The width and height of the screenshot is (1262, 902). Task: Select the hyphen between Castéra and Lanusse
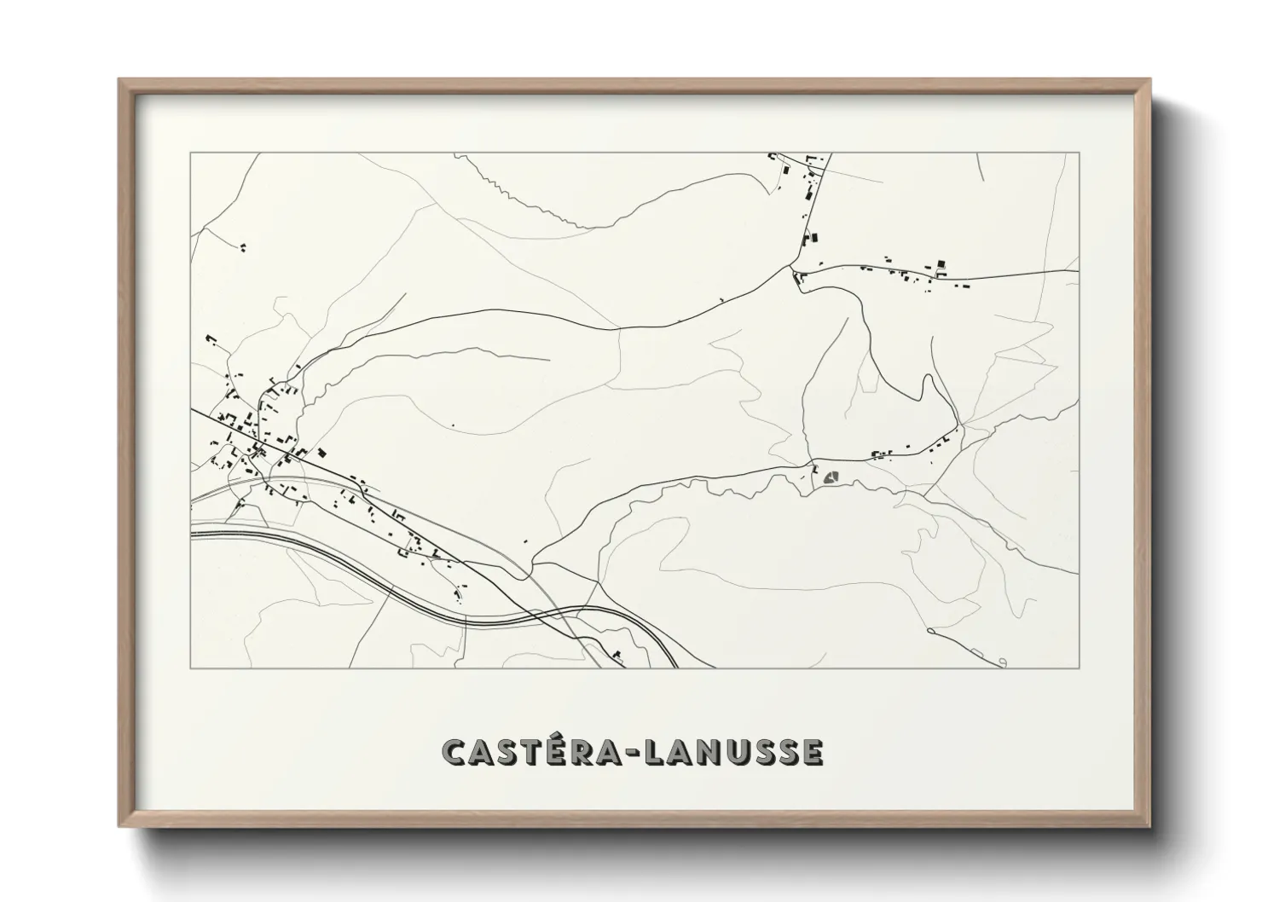[x=634, y=754]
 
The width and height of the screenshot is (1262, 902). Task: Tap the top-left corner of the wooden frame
[x=120, y=81]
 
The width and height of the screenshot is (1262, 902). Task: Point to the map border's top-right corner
[x=1080, y=153]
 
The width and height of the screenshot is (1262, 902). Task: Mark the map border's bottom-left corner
[x=190, y=668]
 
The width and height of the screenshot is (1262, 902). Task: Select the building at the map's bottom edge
[x=617, y=656]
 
